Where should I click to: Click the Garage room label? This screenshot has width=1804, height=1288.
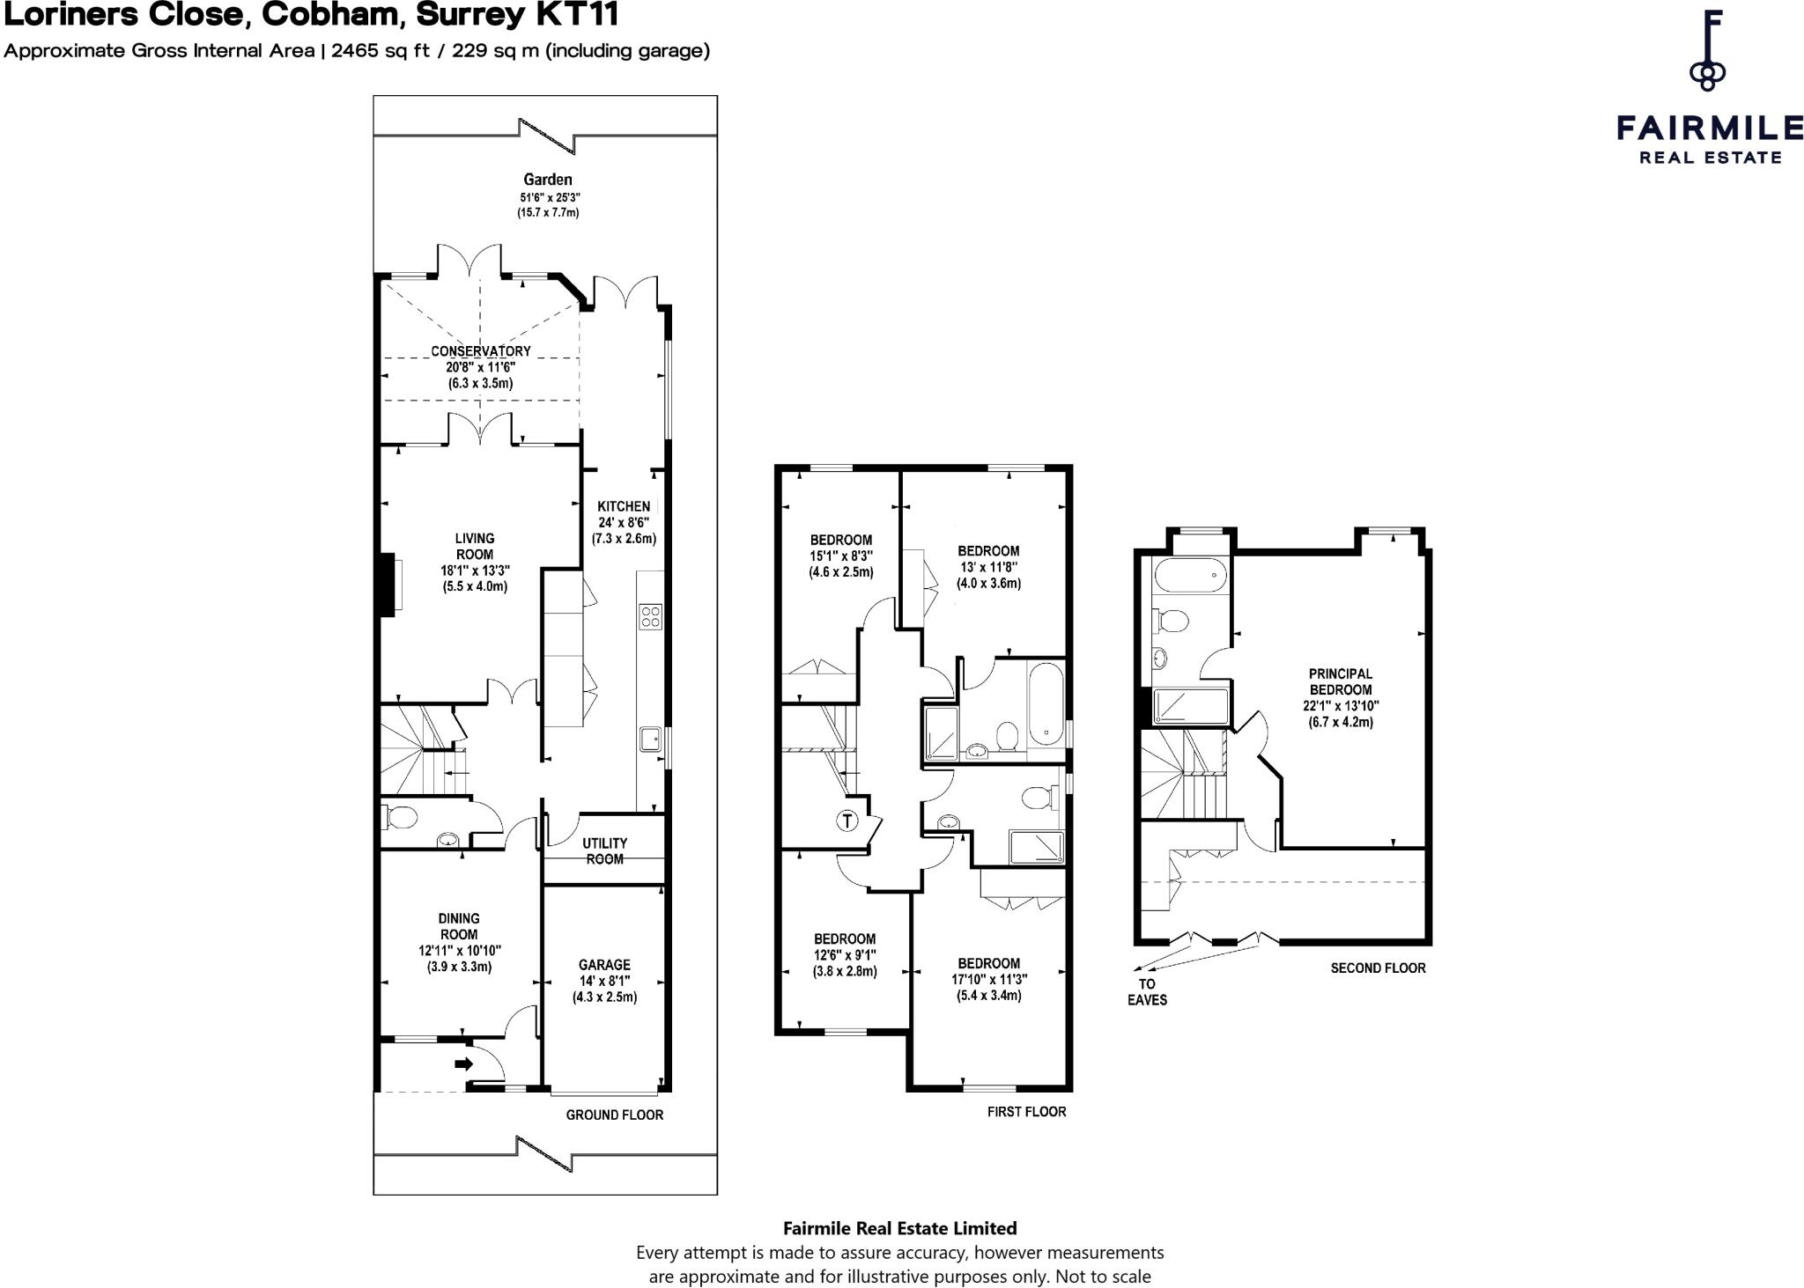click(x=604, y=965)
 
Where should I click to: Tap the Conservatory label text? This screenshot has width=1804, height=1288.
click(x=480, y=351)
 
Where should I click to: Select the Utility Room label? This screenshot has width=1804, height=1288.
click(x=604, y=850)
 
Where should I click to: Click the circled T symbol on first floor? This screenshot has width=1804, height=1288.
click(x=847, y=821)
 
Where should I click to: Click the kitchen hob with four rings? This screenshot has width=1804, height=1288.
click(x=650, y=615)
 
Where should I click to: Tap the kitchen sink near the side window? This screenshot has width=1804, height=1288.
click(x=651, y=739)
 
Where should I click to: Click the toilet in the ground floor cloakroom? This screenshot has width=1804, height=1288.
click(x=401, y=817)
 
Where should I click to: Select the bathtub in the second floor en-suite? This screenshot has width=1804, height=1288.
click(x=1189, y=576)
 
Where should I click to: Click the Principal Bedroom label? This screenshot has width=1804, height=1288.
click(x=1340, y=682)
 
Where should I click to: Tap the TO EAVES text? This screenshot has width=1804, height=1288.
click(x=1147, y=992)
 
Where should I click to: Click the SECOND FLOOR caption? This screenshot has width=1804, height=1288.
click(x=1378, y=968)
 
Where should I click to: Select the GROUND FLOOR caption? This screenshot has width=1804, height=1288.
click(x=614, y=1115)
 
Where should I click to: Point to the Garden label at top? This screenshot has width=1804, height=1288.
click(x=547, y=180)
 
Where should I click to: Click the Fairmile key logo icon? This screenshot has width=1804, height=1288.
click(x=1707, y=51)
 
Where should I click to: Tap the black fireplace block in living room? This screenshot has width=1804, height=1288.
click(x=387, y=584)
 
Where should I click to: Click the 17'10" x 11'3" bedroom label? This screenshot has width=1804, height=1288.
click(x=988, y=980)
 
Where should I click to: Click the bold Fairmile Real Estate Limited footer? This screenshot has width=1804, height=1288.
click(x=899, y=1228)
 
